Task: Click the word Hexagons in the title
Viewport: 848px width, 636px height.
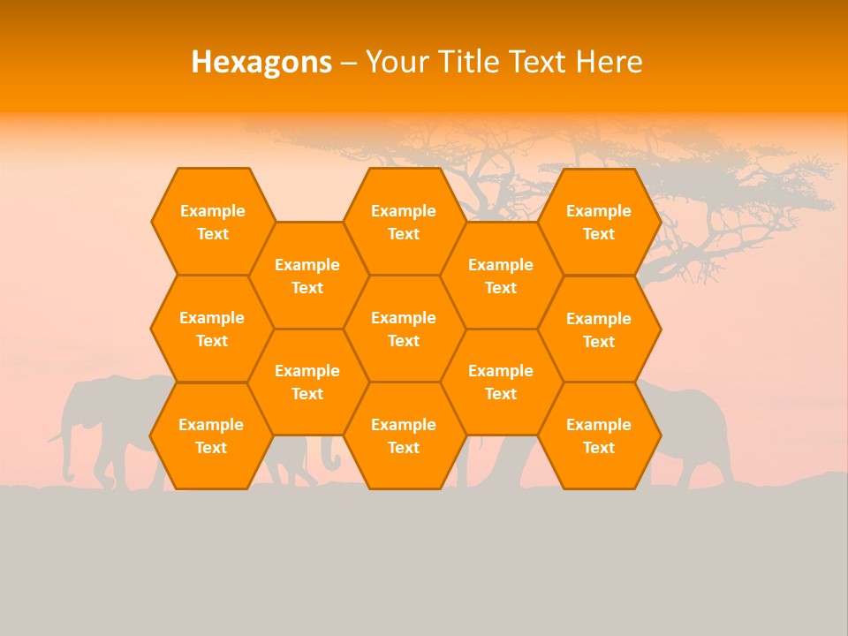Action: [261, 62]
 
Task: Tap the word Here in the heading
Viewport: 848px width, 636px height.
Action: [609, 62]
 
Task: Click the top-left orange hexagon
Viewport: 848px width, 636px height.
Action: [212, 222]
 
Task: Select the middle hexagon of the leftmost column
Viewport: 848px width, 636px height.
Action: [212, 329]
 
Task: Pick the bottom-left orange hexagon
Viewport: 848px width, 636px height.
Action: [211, 435]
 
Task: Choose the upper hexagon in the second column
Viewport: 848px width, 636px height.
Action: [307, 276]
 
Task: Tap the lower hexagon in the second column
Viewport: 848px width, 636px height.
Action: [307, 382]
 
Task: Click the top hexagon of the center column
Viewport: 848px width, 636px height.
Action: [404, 222]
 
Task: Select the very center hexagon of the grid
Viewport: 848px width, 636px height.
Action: [404, 329]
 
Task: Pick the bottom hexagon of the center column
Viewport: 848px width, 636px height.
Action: [404, 435]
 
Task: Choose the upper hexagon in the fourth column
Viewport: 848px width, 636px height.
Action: [501, 276]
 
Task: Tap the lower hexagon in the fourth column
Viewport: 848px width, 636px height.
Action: [501, 382]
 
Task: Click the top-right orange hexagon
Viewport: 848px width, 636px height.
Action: [599, 222]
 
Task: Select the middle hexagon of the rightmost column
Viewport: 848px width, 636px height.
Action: [599, 329]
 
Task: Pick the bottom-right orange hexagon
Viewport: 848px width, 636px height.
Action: [599, 435]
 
